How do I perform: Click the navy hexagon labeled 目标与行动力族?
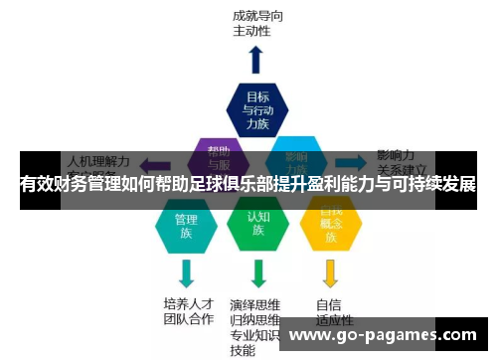tap(257, 110)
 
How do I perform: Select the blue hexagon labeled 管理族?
tap(186, 227)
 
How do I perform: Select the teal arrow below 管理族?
tap(186, 273)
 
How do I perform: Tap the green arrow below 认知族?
tap(257, 273)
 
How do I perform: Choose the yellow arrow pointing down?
tap(330, 273)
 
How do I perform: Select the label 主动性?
tap(251, 31)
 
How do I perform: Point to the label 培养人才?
tap(186, 303)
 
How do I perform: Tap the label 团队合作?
tap(186, 319)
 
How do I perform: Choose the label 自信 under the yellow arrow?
tap(329, 304)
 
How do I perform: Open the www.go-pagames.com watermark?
tap(382, 336)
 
